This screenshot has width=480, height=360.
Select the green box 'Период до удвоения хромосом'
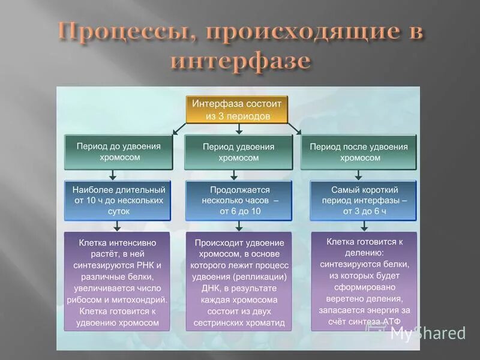118,151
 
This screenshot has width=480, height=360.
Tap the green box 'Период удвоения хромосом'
238,152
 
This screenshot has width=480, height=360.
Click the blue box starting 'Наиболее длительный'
118,200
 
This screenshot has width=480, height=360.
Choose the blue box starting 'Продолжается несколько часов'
239,200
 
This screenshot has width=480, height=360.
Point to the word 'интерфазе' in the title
241,61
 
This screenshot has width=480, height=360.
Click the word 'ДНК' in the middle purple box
203,287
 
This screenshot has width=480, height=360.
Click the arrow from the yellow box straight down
239,128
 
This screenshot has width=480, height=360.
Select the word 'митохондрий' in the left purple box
146,299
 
